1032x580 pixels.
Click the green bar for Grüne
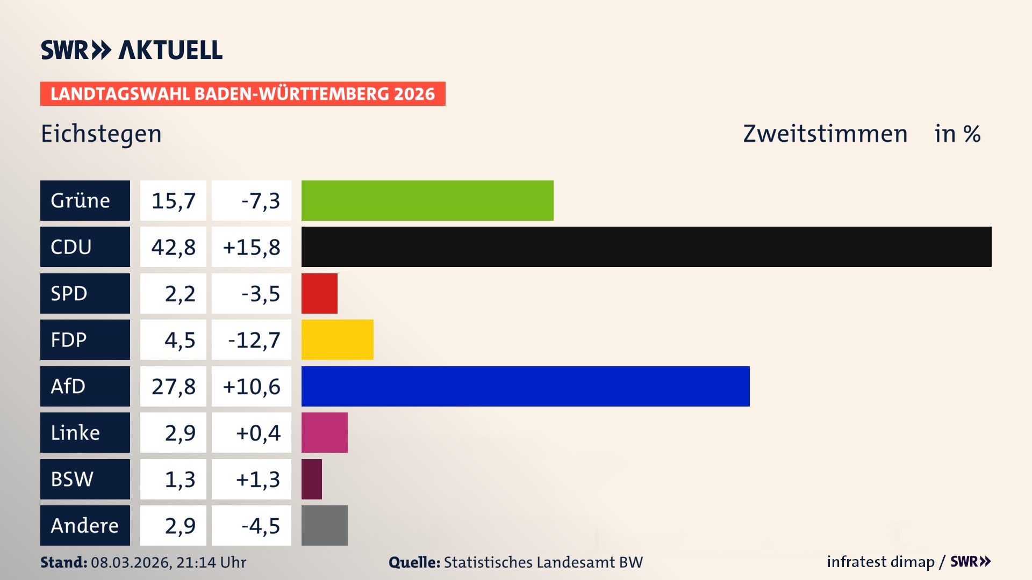[427, 200]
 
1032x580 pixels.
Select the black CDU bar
[646, 247]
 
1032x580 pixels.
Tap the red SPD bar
[319, 293]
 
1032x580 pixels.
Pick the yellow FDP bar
[337, 340]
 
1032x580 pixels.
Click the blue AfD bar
[525, 386]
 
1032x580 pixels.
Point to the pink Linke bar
[324, 432]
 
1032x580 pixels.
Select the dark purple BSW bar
[312, 479]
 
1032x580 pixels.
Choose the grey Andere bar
[324, 525]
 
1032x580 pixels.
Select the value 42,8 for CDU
[173, 247]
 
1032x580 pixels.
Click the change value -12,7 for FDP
[254, 340]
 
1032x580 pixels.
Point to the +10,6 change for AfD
[252, 386]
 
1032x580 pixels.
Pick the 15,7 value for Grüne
[173, 200]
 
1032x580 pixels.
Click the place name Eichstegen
[101, 134]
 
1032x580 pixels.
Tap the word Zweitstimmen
[825, 134]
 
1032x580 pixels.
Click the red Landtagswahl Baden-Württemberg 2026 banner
[242, 93]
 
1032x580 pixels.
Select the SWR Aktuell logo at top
[132, 50]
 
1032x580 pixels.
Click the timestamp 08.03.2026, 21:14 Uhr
[168, 562]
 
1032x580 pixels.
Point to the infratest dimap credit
[880, 562]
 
